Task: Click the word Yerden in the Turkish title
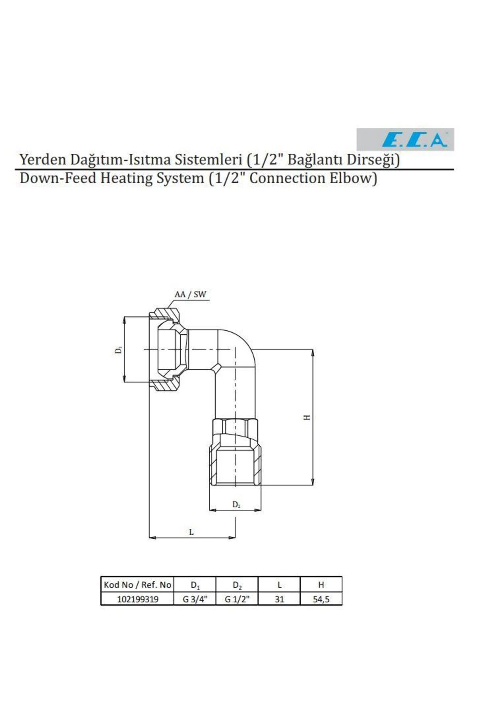pos(43,159)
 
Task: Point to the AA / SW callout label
pos(190,294)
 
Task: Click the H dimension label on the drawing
pos(307,417)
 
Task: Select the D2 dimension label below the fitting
pos(236,505)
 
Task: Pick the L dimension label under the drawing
pos(191,532)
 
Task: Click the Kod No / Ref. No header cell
pos(137,585)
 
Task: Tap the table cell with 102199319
pos(137,599)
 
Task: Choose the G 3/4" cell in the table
pos(195,599)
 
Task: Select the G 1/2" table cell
pos(237,599)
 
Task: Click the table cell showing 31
pos(279,599)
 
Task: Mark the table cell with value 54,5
pos(321,599)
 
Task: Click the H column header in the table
pos(321,585)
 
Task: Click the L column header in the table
pos(279,585)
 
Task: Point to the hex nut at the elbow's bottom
pos(235,451)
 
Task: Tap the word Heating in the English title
pos(127,178)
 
